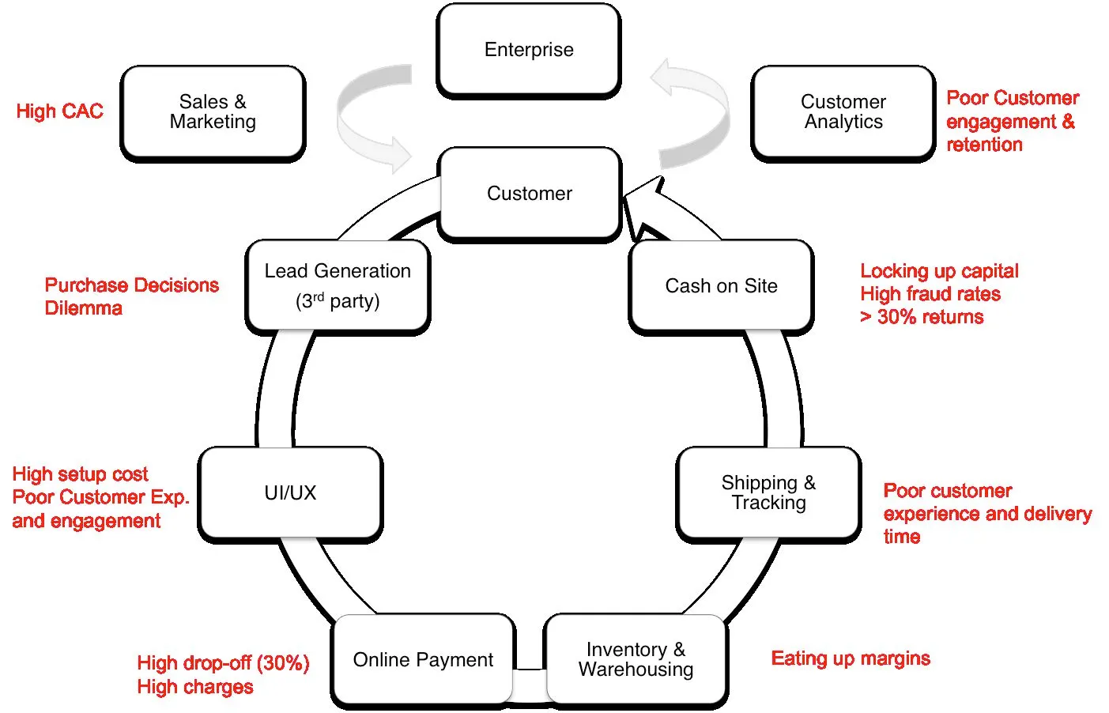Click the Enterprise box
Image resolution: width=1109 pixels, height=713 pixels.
click(x=529, y=50)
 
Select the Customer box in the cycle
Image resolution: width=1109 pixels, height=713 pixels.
click(x=530, y=194)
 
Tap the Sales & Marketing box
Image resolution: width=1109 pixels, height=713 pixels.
click(x=213, y=112)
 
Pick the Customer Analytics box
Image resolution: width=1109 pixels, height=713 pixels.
click(x=843, y=112)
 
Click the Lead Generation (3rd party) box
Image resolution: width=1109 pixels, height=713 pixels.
click(x=338, y=285)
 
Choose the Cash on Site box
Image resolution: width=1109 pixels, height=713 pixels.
click(x=721, y=285)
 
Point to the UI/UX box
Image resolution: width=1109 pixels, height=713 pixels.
click(x=290, y=492)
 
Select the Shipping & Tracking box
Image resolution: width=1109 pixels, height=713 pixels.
click(x=768, y=492)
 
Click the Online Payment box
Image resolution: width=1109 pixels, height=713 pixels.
click(x=423, y=660)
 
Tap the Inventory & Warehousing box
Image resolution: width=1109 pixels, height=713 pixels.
click(x=636, y=660)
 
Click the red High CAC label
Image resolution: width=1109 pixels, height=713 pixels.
click(x=59, y=111)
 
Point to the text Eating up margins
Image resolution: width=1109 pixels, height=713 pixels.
click(x=851, y=658)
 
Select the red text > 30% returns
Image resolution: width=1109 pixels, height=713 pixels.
click(x=922, y=317)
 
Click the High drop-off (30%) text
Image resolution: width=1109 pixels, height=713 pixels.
click(x=223, y=663)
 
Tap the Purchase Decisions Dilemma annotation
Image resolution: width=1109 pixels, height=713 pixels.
click(x=131, y=296)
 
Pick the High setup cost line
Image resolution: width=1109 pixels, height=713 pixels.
click(x=80, y=474)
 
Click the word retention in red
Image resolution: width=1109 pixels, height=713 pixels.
click(x=984, y=145)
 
